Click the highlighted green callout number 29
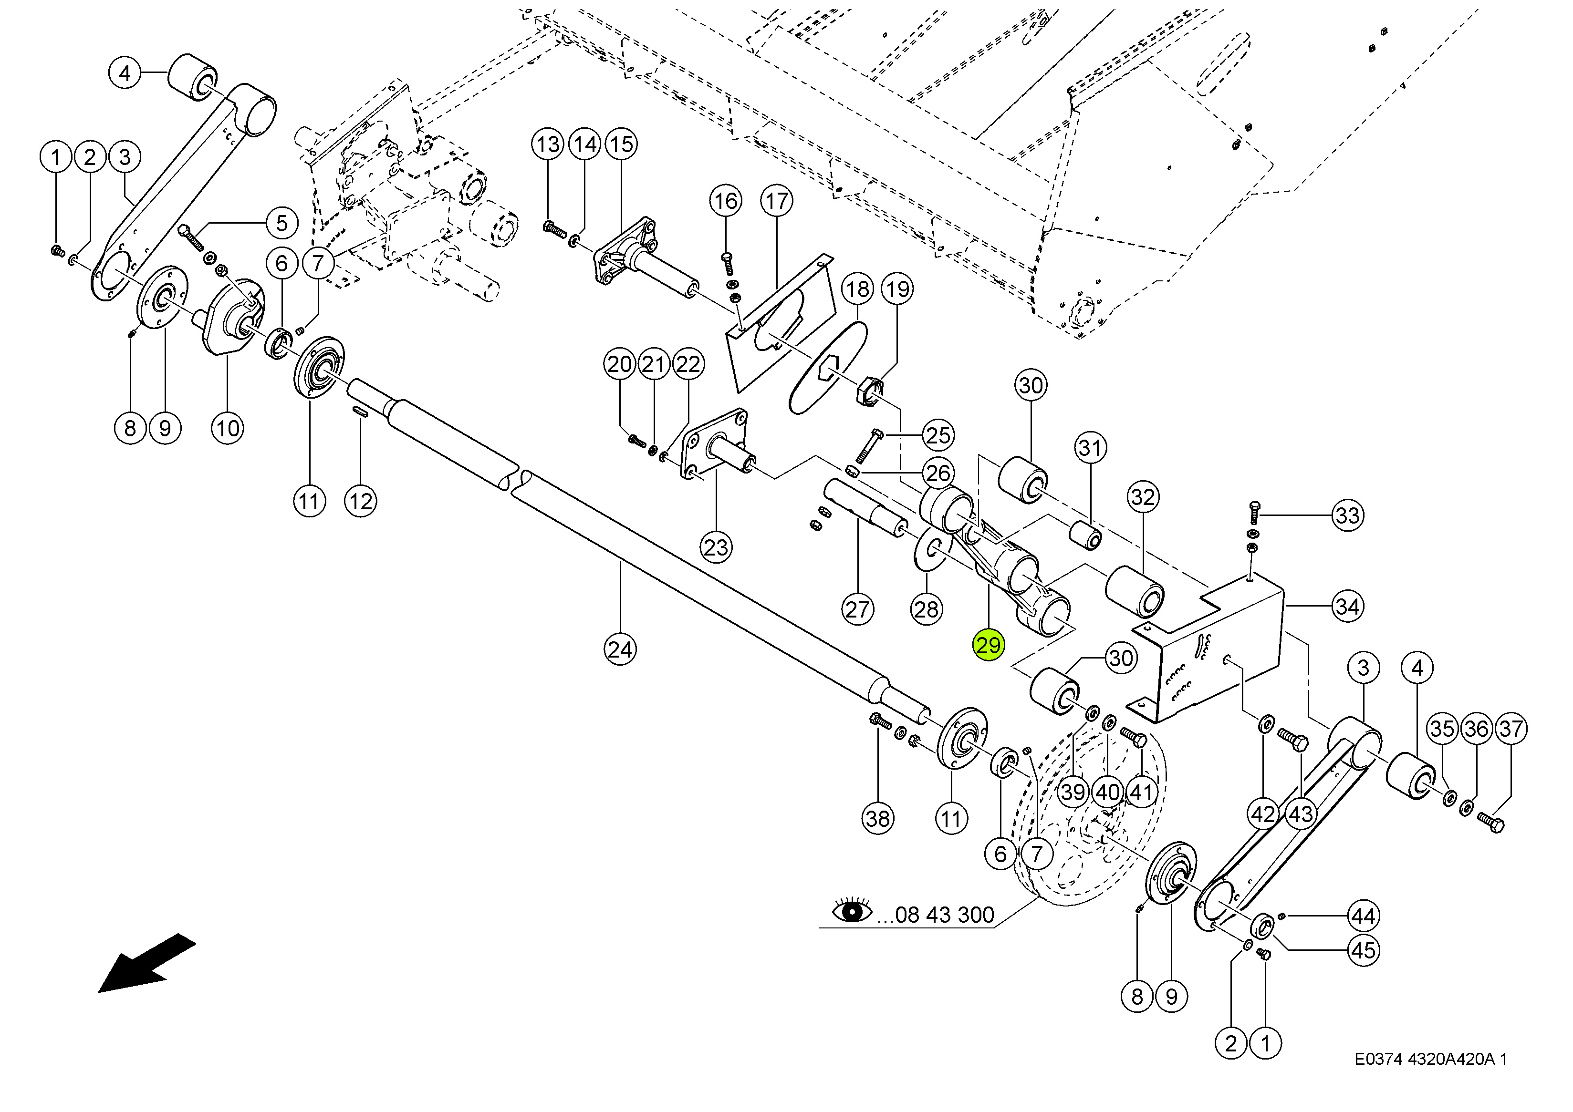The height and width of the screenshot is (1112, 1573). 989,645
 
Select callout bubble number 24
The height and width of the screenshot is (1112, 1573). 620,649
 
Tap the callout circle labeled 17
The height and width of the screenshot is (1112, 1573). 776,201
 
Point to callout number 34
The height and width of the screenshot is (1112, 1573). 1348,606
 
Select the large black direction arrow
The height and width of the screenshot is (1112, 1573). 147,962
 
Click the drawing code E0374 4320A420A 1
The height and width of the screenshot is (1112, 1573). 1430,1059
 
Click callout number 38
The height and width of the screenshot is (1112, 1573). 877,818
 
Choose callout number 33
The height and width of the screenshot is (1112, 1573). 1348,515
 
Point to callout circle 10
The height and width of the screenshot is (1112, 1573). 228,429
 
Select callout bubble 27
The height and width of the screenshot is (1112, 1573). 857,609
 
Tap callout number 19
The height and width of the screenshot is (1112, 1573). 897,289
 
